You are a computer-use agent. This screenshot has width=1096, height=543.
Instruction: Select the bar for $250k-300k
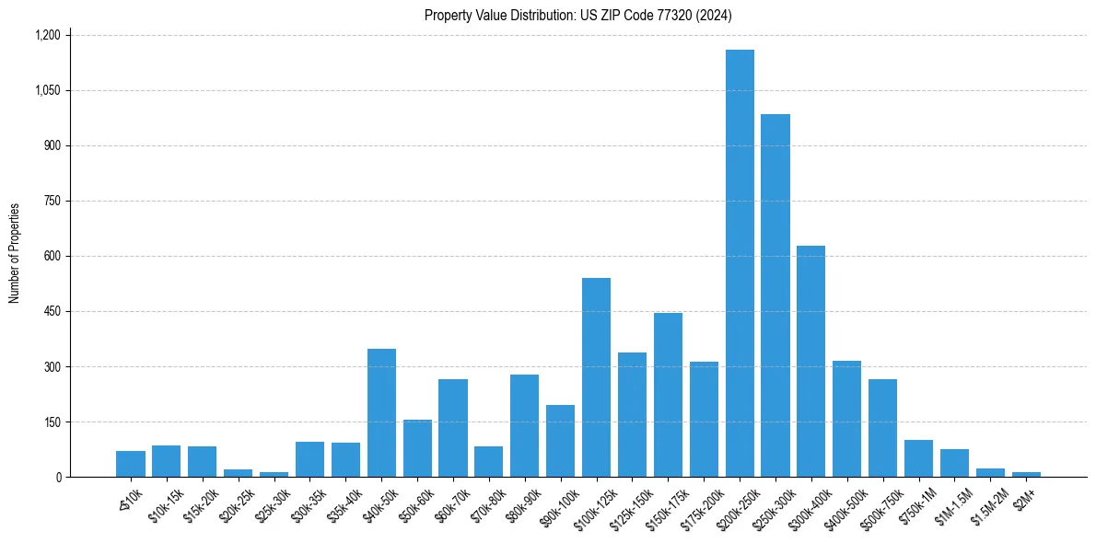click(775, 295)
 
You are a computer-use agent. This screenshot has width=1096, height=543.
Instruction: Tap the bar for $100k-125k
click(596, 377)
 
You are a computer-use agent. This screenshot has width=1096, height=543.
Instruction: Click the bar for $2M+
click(1026, 474)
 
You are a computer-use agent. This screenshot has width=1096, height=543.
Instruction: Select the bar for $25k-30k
click(274, 474)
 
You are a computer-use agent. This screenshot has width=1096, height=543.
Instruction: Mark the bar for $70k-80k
click(488, 461)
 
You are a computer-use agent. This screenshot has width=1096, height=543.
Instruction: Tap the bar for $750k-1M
click(918, 458)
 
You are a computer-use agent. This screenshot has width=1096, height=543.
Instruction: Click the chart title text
click(578, 16)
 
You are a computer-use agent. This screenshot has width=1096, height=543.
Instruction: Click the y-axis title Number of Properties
click(15, 253)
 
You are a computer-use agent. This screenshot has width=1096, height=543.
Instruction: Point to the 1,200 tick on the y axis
click(47, 35)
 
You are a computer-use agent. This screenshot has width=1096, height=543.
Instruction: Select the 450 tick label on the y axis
click(52, 311)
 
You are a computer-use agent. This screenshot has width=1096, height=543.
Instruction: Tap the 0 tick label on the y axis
click(58, 477)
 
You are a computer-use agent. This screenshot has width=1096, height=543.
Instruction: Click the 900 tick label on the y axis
click(52, 145)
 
